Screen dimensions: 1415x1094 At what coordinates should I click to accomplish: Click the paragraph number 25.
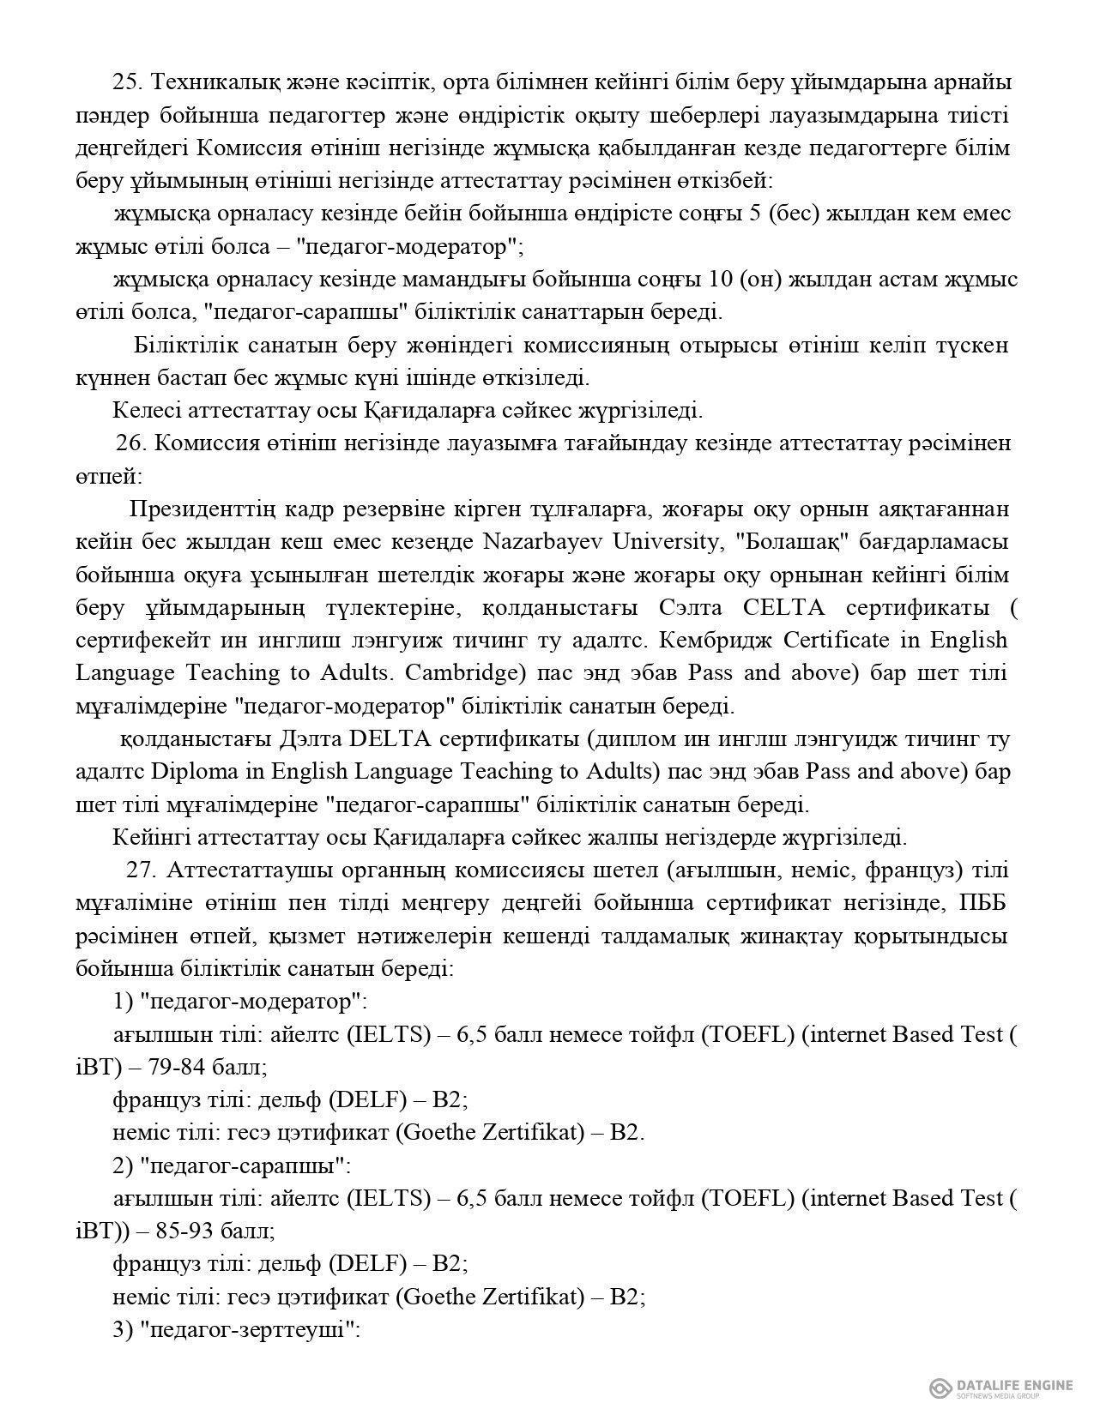pos(126,82)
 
